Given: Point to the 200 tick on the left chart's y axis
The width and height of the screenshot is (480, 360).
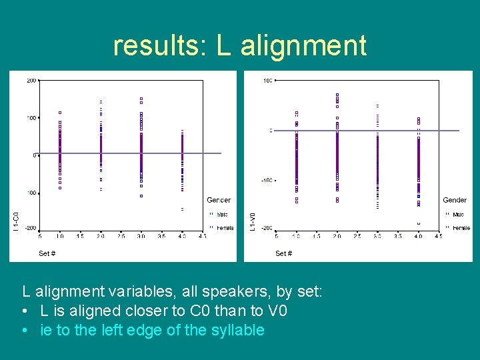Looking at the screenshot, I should point(31,81).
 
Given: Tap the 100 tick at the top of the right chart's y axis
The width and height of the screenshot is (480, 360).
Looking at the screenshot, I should point(267,81).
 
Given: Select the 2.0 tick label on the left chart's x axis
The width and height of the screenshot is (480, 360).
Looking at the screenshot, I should point(101,236).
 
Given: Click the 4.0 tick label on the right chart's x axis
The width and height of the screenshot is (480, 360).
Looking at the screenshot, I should point(418,236).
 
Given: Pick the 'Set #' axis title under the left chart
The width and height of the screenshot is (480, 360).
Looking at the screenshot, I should point(47,253).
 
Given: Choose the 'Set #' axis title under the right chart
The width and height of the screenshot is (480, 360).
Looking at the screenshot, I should point(283,253).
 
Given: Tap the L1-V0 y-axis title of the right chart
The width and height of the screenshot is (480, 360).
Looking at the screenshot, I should point(252,221).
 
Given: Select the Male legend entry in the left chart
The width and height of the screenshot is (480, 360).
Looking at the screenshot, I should point(222,215).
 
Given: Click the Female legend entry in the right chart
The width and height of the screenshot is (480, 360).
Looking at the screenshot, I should point(461,228).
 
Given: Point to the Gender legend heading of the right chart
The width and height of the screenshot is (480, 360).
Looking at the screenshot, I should point(455,200).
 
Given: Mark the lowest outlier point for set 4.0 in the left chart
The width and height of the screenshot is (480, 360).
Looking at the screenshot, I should point(182,209).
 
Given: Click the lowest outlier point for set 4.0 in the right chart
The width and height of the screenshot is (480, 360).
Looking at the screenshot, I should point(419,223).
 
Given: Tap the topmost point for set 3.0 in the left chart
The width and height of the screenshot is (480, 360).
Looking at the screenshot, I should point(141,99).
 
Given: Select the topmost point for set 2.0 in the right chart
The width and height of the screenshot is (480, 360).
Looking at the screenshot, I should point(337,95).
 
